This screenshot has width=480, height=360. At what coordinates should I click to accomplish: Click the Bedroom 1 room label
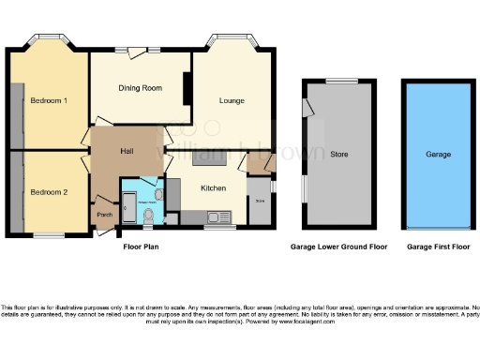point(48,100)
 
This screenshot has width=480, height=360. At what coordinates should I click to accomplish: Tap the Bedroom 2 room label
point(48,192)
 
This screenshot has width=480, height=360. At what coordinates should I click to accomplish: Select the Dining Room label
point(141,88)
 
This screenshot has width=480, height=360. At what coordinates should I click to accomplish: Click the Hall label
point(129,151)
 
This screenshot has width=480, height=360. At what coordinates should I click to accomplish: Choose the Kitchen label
point(214,188)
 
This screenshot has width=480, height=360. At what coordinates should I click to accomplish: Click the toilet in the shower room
point(150,217)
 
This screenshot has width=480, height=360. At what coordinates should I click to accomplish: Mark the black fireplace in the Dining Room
point(187,89)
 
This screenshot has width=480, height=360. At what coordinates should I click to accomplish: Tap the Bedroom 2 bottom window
point(49,233)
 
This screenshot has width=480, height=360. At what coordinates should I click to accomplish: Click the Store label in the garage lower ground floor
point(339,155)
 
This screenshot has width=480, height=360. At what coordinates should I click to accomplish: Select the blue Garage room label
point(438,155)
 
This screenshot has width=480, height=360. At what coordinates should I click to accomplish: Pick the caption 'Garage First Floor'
point(439,247)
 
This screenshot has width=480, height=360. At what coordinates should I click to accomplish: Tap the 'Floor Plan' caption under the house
point(146,247)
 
